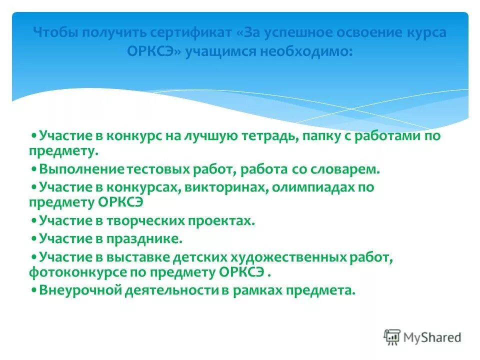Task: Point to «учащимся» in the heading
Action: [x=219, y=52]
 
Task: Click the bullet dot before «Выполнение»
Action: [x=34, y=169]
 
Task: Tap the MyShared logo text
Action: [x=432, y=337]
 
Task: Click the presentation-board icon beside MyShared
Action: [x=392, y=337]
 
